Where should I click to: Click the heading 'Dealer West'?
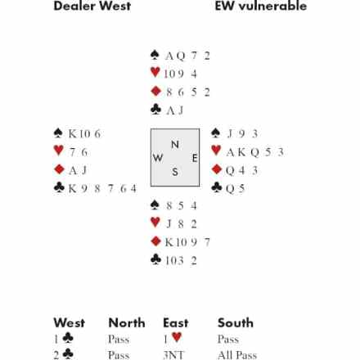[x=92, y=6]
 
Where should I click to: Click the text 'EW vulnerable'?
[x=261, y=6]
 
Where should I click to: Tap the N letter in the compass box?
[x=175, y=144]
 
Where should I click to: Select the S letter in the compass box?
[x=175, y=172]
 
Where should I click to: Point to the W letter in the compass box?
[x=158, y=158]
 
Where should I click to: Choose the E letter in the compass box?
[x=195, y=158]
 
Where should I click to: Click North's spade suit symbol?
[x=155, y=55]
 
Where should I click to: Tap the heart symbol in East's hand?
[x=216, y=151]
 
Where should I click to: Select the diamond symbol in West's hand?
[x=59, y=169]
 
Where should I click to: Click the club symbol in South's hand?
[x=155, y=259]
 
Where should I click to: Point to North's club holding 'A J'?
[x=174, y=110]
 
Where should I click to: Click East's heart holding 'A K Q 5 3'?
[x=255, y=152]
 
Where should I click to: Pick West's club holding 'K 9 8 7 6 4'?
[x=102, y=188]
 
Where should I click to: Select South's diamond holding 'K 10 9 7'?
[x=187, y=242]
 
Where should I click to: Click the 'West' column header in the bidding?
[x=70, y=322]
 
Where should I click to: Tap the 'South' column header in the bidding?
[x=236, y=322]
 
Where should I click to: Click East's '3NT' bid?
[x=173, y=355]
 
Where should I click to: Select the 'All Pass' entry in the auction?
[x=237, y=355]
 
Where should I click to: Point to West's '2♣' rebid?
[x=64, y=354]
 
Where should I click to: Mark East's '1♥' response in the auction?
[x=173, y=339]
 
